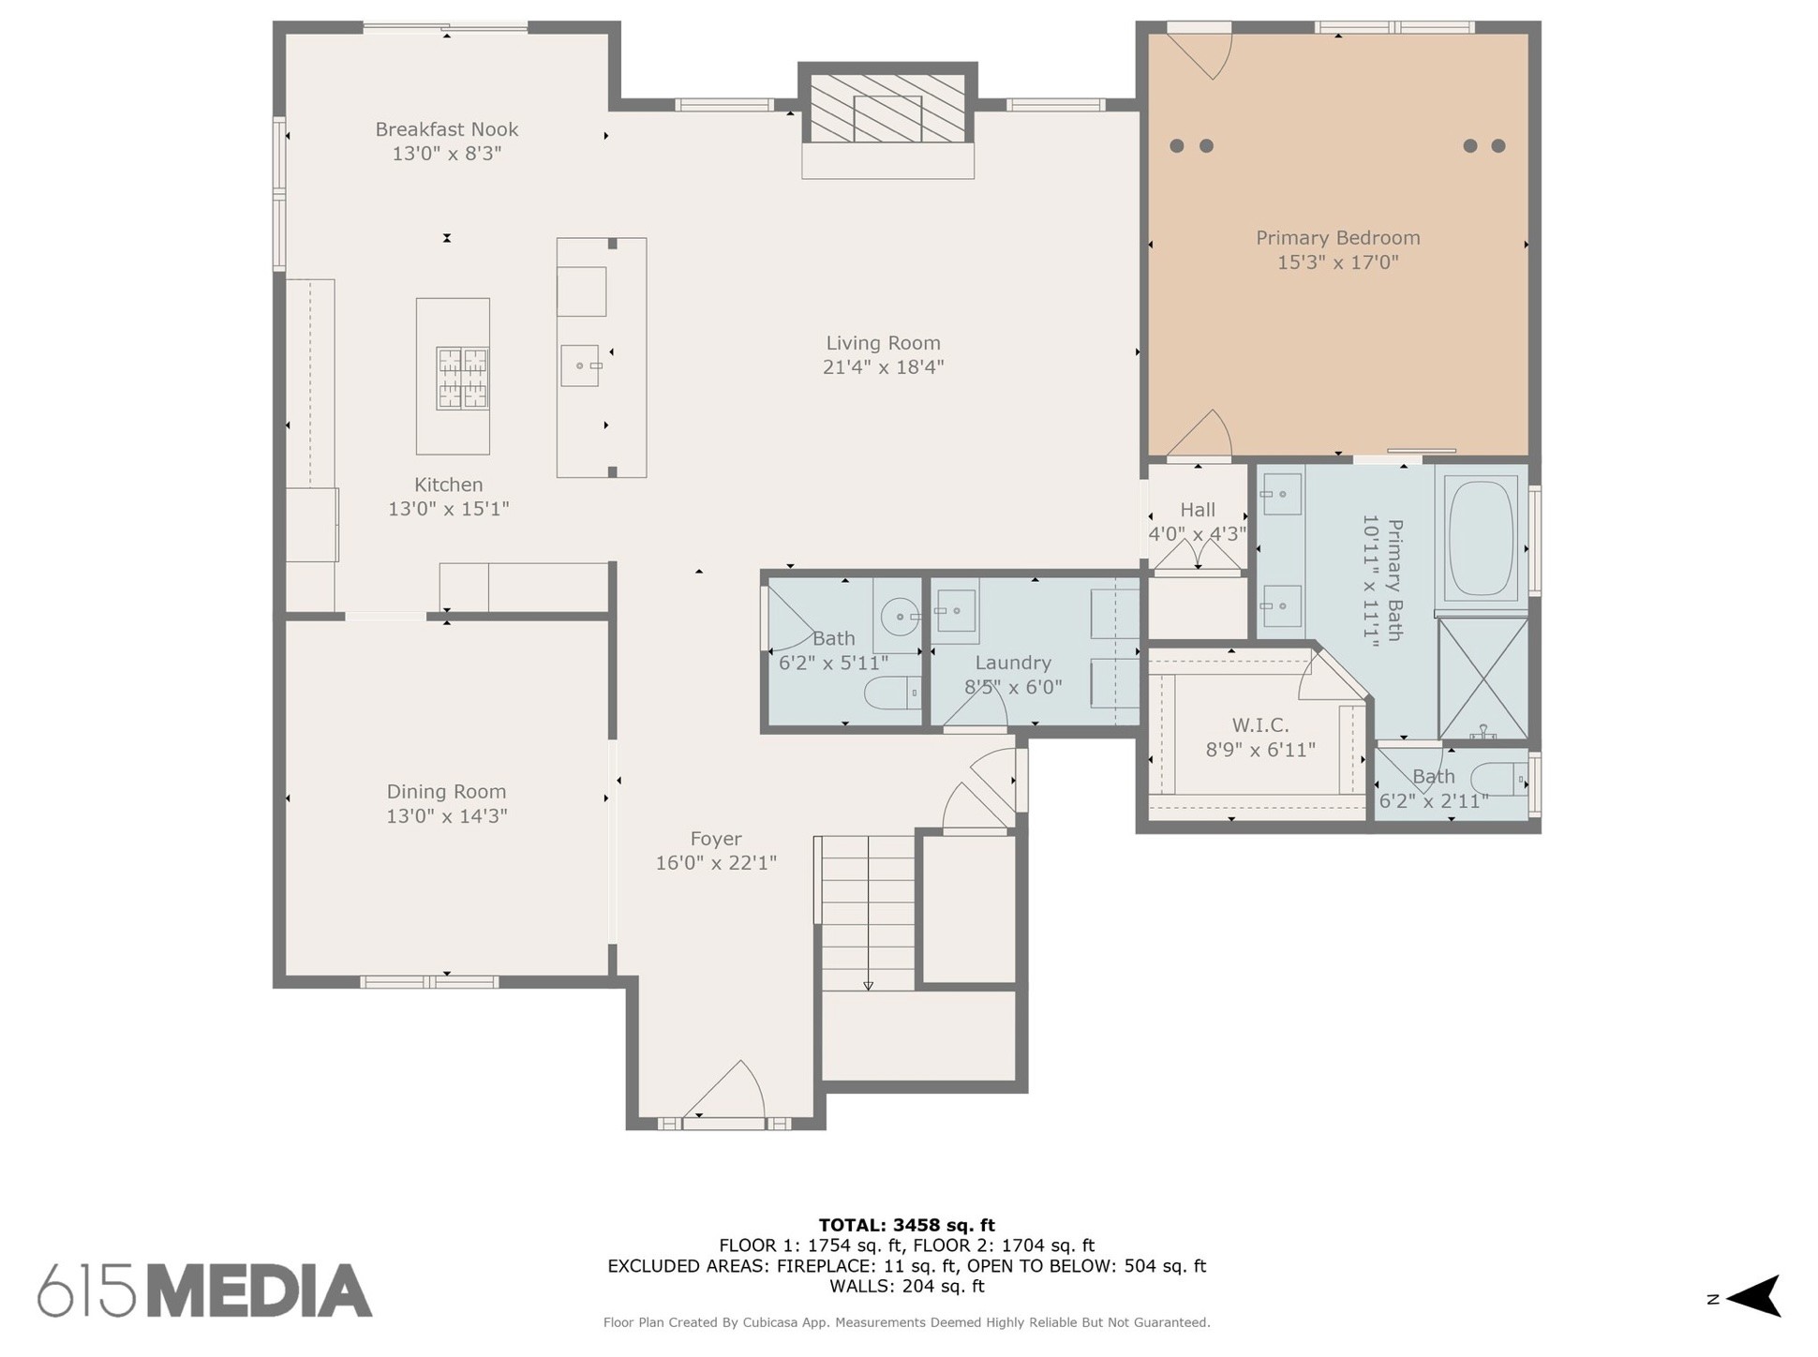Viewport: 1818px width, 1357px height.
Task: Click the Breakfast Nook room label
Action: [447, 129]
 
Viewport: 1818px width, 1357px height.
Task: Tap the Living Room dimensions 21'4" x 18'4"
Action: [883, 367]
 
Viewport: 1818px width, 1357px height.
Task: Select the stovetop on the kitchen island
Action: [463, 379]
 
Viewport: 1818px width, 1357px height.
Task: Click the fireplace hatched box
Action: [887, 109]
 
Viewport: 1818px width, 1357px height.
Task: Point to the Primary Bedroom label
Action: [1338, 238]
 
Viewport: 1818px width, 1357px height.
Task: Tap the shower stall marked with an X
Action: [1483, 678]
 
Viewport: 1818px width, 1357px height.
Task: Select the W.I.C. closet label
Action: [1260, 725]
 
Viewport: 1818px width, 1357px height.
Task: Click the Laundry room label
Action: [1013, 664]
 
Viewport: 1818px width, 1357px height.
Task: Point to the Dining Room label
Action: [446, 792]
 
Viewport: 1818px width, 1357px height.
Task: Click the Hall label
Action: [1198, 510]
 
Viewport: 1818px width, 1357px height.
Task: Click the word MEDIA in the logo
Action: [259, 1291]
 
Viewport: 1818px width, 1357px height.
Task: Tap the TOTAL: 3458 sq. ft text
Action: [906, 1225]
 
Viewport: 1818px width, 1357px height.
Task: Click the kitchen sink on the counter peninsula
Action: [580, 365]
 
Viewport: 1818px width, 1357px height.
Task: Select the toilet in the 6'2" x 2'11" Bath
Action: [1498, 779]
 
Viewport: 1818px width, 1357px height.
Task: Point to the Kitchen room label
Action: [449, 485]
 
